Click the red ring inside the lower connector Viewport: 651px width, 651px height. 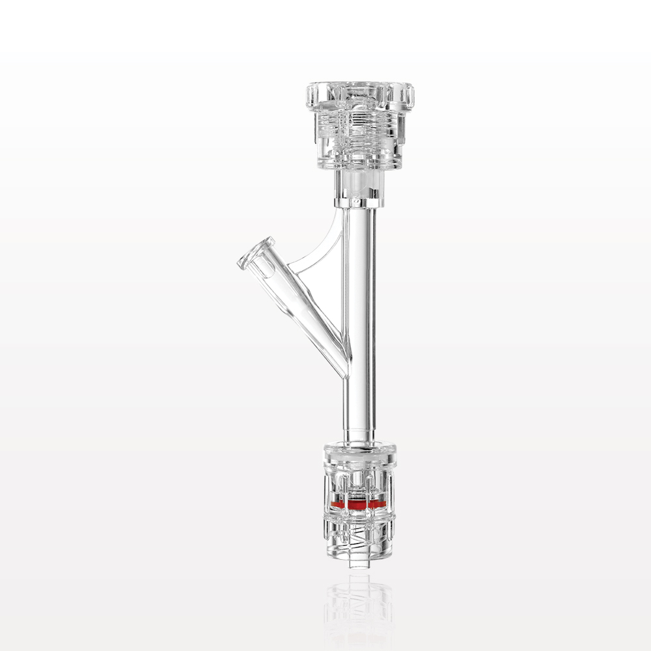point(359,504)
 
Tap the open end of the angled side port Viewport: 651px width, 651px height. point(248,253)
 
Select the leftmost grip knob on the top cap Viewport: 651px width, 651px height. point(311,96)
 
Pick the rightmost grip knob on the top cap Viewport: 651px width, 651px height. point(409,96)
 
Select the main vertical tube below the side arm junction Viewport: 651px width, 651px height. point(359,404)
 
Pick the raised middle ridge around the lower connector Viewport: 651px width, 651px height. point(359,518)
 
